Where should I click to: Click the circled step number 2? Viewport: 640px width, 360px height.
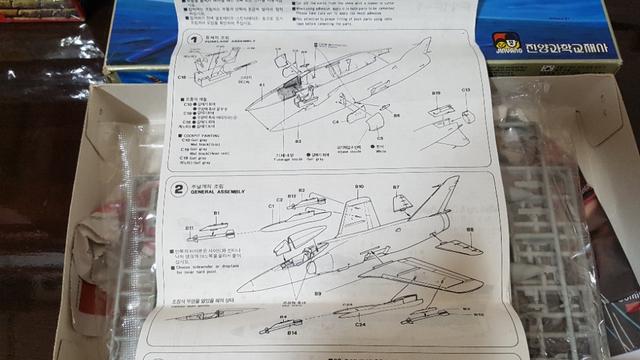[x=178, y=190]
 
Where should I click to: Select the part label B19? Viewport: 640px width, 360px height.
[x=436, y=94]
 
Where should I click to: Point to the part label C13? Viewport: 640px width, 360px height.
[x=465, y=90]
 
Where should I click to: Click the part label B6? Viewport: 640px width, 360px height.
[x=396, y=116]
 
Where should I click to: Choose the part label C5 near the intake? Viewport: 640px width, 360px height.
[x=379, y=138]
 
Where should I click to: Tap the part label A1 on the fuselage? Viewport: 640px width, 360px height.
[x=262, y=85]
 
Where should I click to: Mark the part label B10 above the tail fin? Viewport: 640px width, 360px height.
[x=359, y=187]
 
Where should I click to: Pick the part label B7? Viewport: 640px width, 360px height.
[x=396, y=187]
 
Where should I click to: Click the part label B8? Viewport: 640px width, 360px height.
[x=469, y=229]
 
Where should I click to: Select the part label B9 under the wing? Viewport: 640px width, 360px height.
[x=317, y=293]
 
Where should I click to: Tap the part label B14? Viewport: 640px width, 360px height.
[x=292, y=332]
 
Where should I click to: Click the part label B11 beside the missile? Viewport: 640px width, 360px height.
[x=189, y=229]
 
